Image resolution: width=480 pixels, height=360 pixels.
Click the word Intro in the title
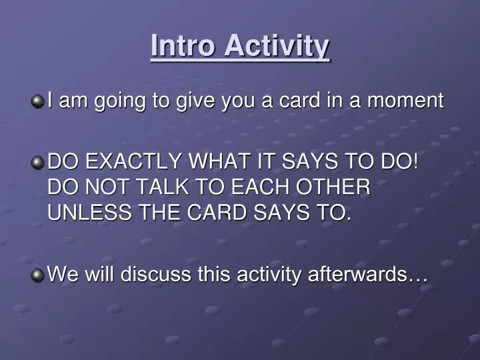(184, 46)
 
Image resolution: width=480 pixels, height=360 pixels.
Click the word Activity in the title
(277, 46)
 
